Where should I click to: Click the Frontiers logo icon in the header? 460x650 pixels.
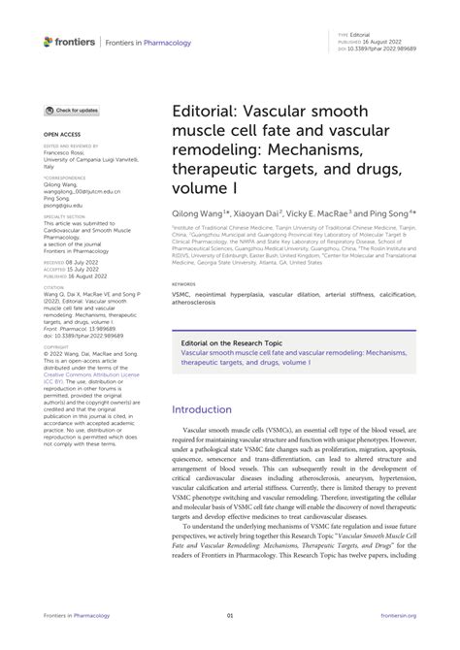click(49, 42)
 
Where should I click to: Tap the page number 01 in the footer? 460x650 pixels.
click(230, 641)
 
